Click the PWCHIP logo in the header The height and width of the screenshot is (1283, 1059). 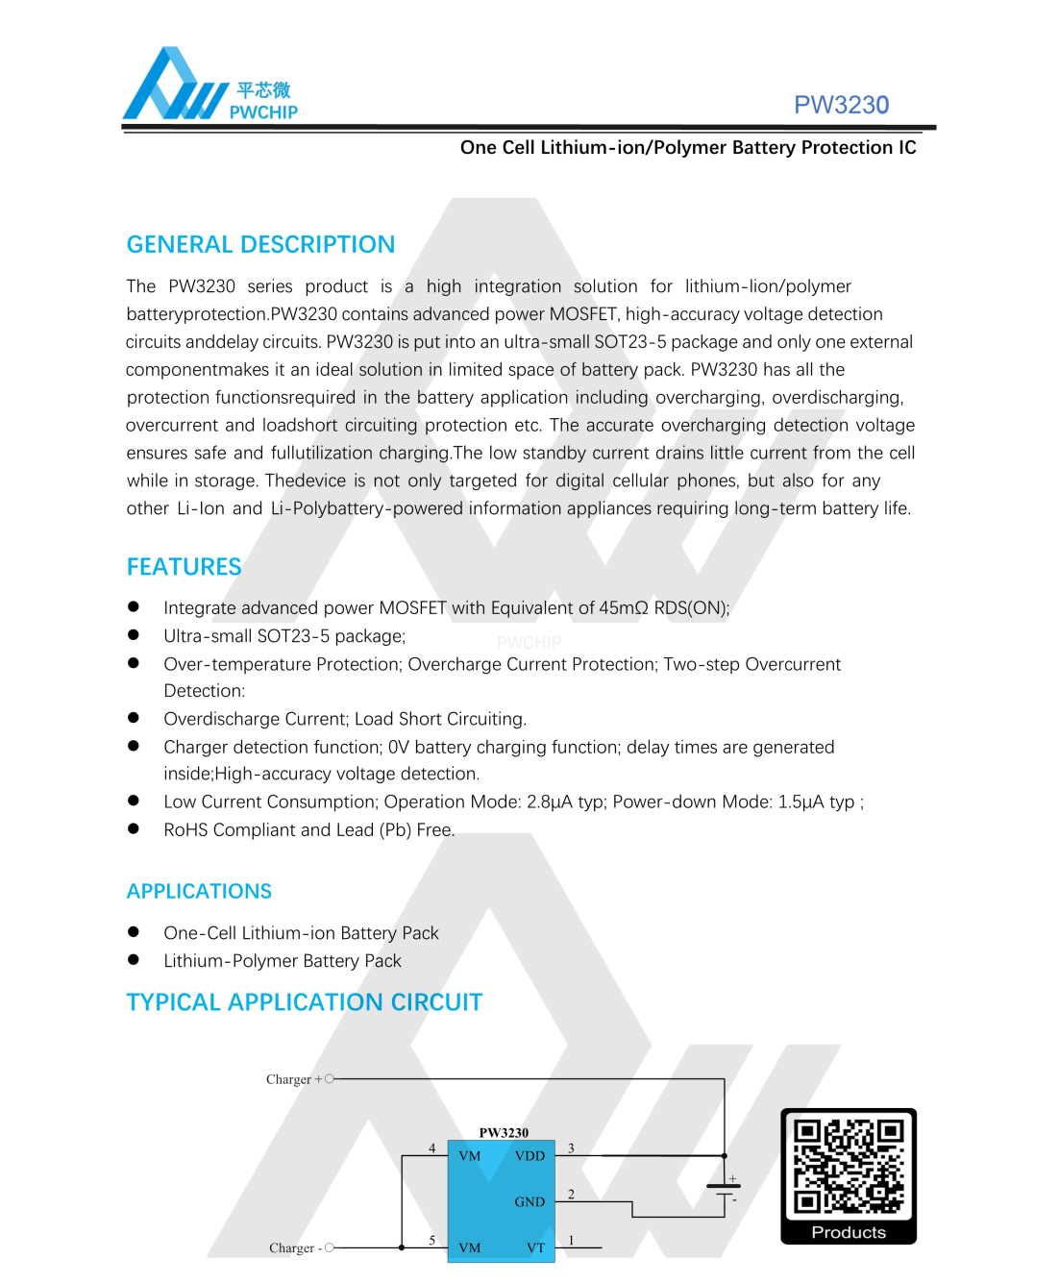pyautogui.click(x=209, y=86)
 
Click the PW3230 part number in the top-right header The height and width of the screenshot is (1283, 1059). pyautogui.click(x=841, y=105)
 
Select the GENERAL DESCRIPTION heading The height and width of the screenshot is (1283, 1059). pyautogui.click(x=260, y=245)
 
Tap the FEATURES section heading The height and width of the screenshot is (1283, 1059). pyautogui.click(x=184, y=567)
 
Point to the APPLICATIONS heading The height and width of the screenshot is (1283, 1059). pyautogui.click(x=199, y=892)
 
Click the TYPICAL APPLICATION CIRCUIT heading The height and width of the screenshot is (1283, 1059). pyautogui.click(x=304, y=1002)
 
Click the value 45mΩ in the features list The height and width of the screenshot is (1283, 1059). pyautogui.click(x=624, y=608)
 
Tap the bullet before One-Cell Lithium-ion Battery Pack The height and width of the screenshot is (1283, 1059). pyautogui.click(x=134, y=932)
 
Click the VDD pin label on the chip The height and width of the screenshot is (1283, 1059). pyautogui.click(x=529, y=1156)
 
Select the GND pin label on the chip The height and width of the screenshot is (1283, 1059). pyautogui.click(x=529, y=1202)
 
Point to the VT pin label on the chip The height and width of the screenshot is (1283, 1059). pyautogui.click(x=535, y=1248)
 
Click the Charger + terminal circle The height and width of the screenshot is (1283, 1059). pyautogui.click(x=330, y=1079)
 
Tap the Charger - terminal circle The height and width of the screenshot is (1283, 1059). pyautogui.click(x=330, y=1247)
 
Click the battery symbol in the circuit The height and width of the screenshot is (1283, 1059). pyautogui.click(x=724, y=1190)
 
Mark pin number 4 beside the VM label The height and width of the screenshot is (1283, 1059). pyautogui.click(x=432, y=1147)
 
